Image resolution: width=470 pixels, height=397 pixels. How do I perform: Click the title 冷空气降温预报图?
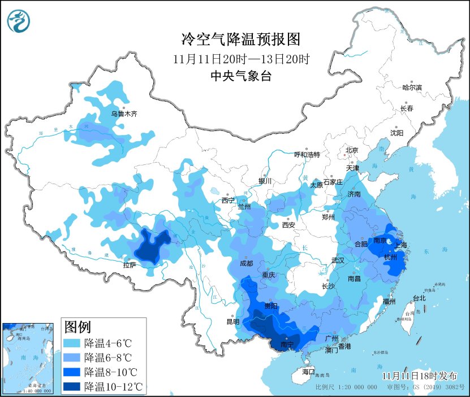240,39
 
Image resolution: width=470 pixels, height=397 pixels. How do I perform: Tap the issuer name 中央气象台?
240,76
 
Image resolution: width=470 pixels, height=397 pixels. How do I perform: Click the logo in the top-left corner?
19,21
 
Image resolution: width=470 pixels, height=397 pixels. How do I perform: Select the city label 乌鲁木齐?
124,114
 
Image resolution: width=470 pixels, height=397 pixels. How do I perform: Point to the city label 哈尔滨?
412,88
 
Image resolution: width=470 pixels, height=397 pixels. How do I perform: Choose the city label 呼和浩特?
307,154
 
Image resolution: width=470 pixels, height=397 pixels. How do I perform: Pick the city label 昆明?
233,322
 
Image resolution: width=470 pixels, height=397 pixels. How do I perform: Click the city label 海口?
308,372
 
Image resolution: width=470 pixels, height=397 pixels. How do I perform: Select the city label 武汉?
338,260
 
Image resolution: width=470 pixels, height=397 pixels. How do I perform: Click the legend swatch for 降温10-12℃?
72,387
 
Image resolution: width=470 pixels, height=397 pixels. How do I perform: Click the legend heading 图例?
78,327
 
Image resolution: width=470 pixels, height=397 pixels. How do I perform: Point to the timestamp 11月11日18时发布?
419,376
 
